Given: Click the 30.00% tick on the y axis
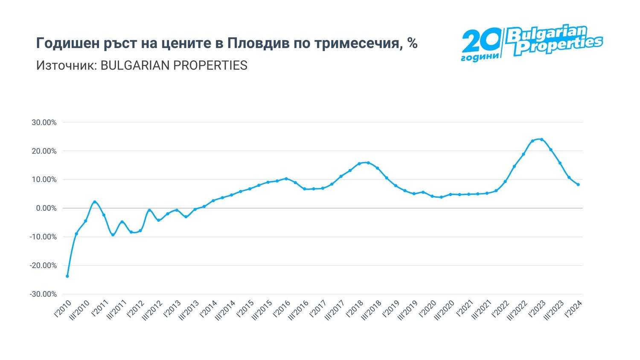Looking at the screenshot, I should [44, 122].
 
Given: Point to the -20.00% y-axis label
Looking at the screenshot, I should [43, 265].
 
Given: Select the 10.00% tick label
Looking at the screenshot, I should [44, 180].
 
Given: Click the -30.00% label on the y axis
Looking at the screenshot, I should [43, 294].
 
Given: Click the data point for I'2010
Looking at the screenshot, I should [67, 276].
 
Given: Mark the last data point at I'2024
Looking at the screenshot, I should [578, 185].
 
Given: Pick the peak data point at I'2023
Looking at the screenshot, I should [541, 139].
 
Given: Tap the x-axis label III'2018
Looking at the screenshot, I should [372, 311].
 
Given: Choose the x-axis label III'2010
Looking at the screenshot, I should [80, 311].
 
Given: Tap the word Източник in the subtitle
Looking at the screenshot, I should [66, 65].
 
